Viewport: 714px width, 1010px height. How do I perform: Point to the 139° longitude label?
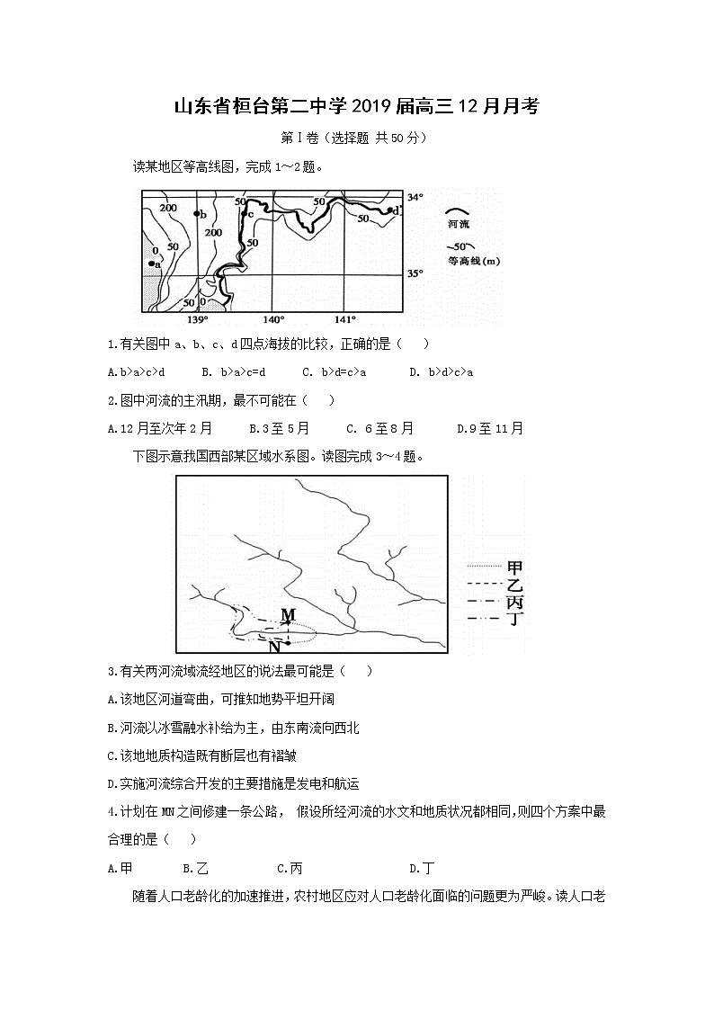point(197,319)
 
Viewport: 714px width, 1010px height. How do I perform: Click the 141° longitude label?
point(345,319)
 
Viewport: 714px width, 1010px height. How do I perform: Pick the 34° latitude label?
point(414,197)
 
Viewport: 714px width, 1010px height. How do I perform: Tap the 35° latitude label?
point(415,273)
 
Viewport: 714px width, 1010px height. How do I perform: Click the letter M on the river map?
point(288,615)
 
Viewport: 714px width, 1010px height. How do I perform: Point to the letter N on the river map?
point(274,644)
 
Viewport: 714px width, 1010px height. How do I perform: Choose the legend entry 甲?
point(515,567)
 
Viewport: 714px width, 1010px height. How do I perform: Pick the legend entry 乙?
point(515,584)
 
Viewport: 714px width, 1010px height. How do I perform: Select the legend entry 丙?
point(515,601)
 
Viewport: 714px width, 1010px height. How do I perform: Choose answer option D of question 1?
point(441,371)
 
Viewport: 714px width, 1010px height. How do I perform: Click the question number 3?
point(111,671)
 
